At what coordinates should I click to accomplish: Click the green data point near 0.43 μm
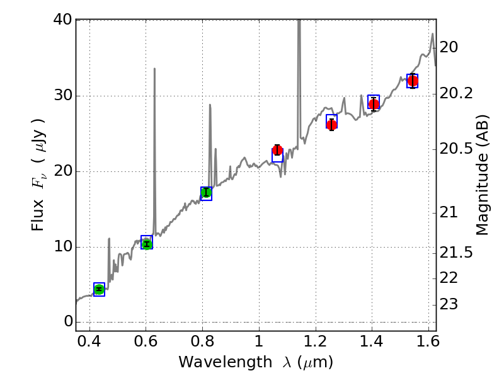click(99, 289)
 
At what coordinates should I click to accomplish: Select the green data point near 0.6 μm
click(147, 244)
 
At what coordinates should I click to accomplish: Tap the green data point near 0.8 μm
click(206, 193)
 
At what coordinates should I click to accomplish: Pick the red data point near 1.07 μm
click(277, 151)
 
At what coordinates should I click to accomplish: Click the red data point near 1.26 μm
click(332, 124)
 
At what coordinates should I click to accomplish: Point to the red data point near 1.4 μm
click(374, 104)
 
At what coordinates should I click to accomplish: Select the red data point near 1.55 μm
click(413, 81)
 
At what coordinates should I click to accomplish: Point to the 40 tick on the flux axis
click(60, 20)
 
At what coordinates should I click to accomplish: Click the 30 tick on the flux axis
click(60, 96)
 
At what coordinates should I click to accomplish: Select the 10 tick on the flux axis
click(60, 247)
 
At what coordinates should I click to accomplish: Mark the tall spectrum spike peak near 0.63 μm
click(154, 69)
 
